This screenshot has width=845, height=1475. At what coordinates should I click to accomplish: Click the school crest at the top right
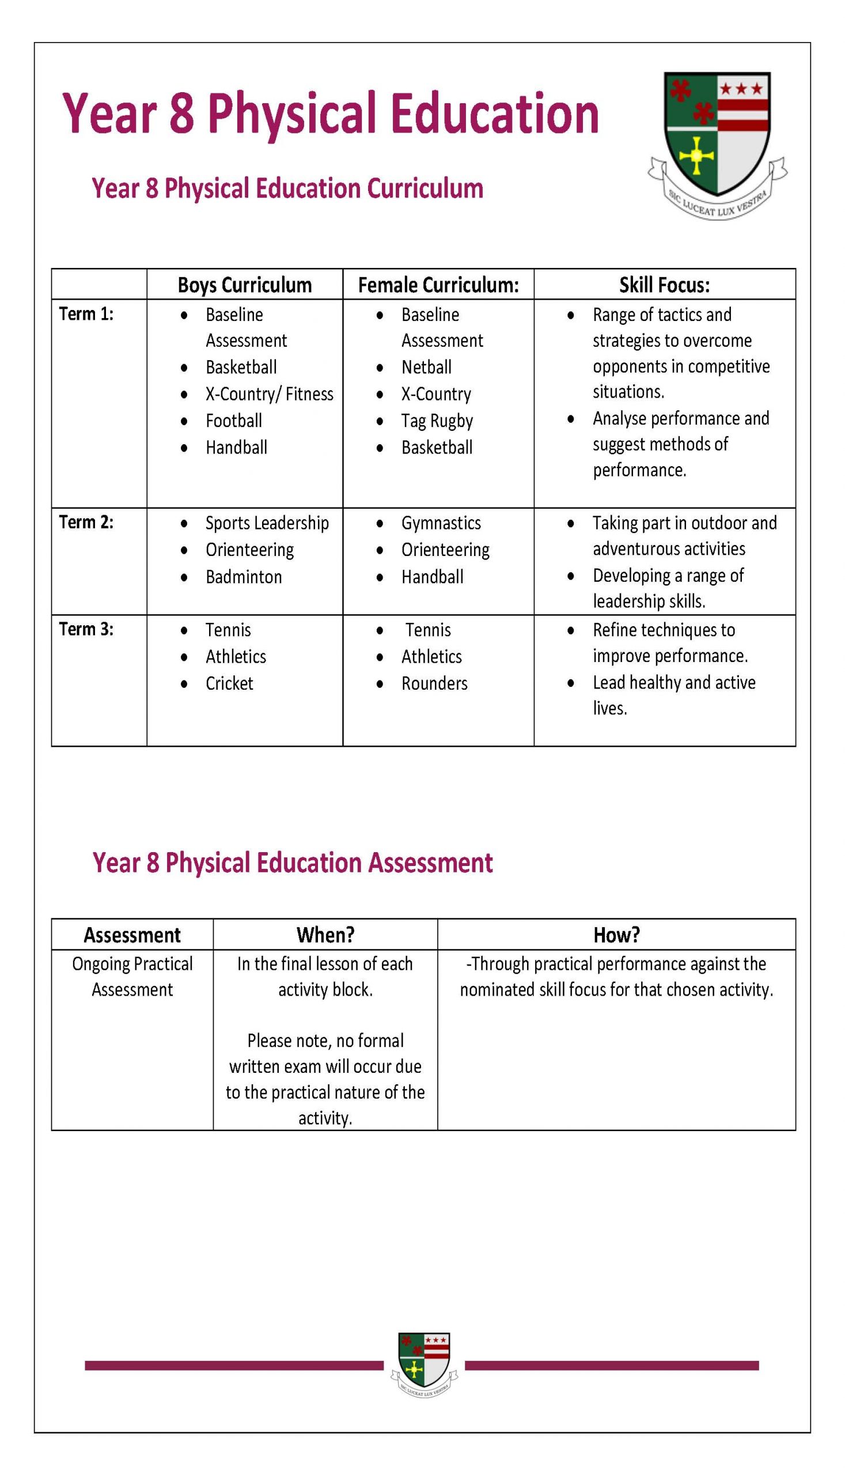tap(717, 139)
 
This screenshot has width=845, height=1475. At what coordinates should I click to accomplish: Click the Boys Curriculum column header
tap(244, 285)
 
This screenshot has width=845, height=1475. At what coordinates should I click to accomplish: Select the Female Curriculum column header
tap(438, 285)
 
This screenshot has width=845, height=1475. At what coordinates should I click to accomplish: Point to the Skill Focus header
tap(665, 285)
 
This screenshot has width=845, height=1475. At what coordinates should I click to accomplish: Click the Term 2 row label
tap(86, 522)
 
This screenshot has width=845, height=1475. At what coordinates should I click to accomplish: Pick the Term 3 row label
tap(86, 629)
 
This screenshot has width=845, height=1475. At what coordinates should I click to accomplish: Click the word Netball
tap(426, 367)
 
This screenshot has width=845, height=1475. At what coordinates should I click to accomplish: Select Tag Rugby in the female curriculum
tap(437, 420)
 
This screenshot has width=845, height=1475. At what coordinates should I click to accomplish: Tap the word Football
tap(233, 420)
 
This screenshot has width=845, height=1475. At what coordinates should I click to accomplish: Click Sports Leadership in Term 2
tap(267, 523)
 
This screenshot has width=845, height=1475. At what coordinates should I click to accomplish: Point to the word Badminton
tap(244, 576)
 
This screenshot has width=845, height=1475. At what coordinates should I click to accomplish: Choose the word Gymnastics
tap(441, 523)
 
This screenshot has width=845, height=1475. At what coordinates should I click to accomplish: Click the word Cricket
tap(229, 683)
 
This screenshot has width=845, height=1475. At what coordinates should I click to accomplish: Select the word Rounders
tap(434, 683)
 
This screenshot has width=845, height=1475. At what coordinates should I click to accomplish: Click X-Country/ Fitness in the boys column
tap(270, 394)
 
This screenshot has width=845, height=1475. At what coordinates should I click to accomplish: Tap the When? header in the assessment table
tap(325, 935)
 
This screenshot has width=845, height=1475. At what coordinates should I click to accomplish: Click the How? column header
tap(616, 935)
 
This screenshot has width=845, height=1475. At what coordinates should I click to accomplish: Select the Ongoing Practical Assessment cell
tap(132, 977)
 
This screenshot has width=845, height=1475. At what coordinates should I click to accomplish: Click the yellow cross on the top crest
tap(695, 156)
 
